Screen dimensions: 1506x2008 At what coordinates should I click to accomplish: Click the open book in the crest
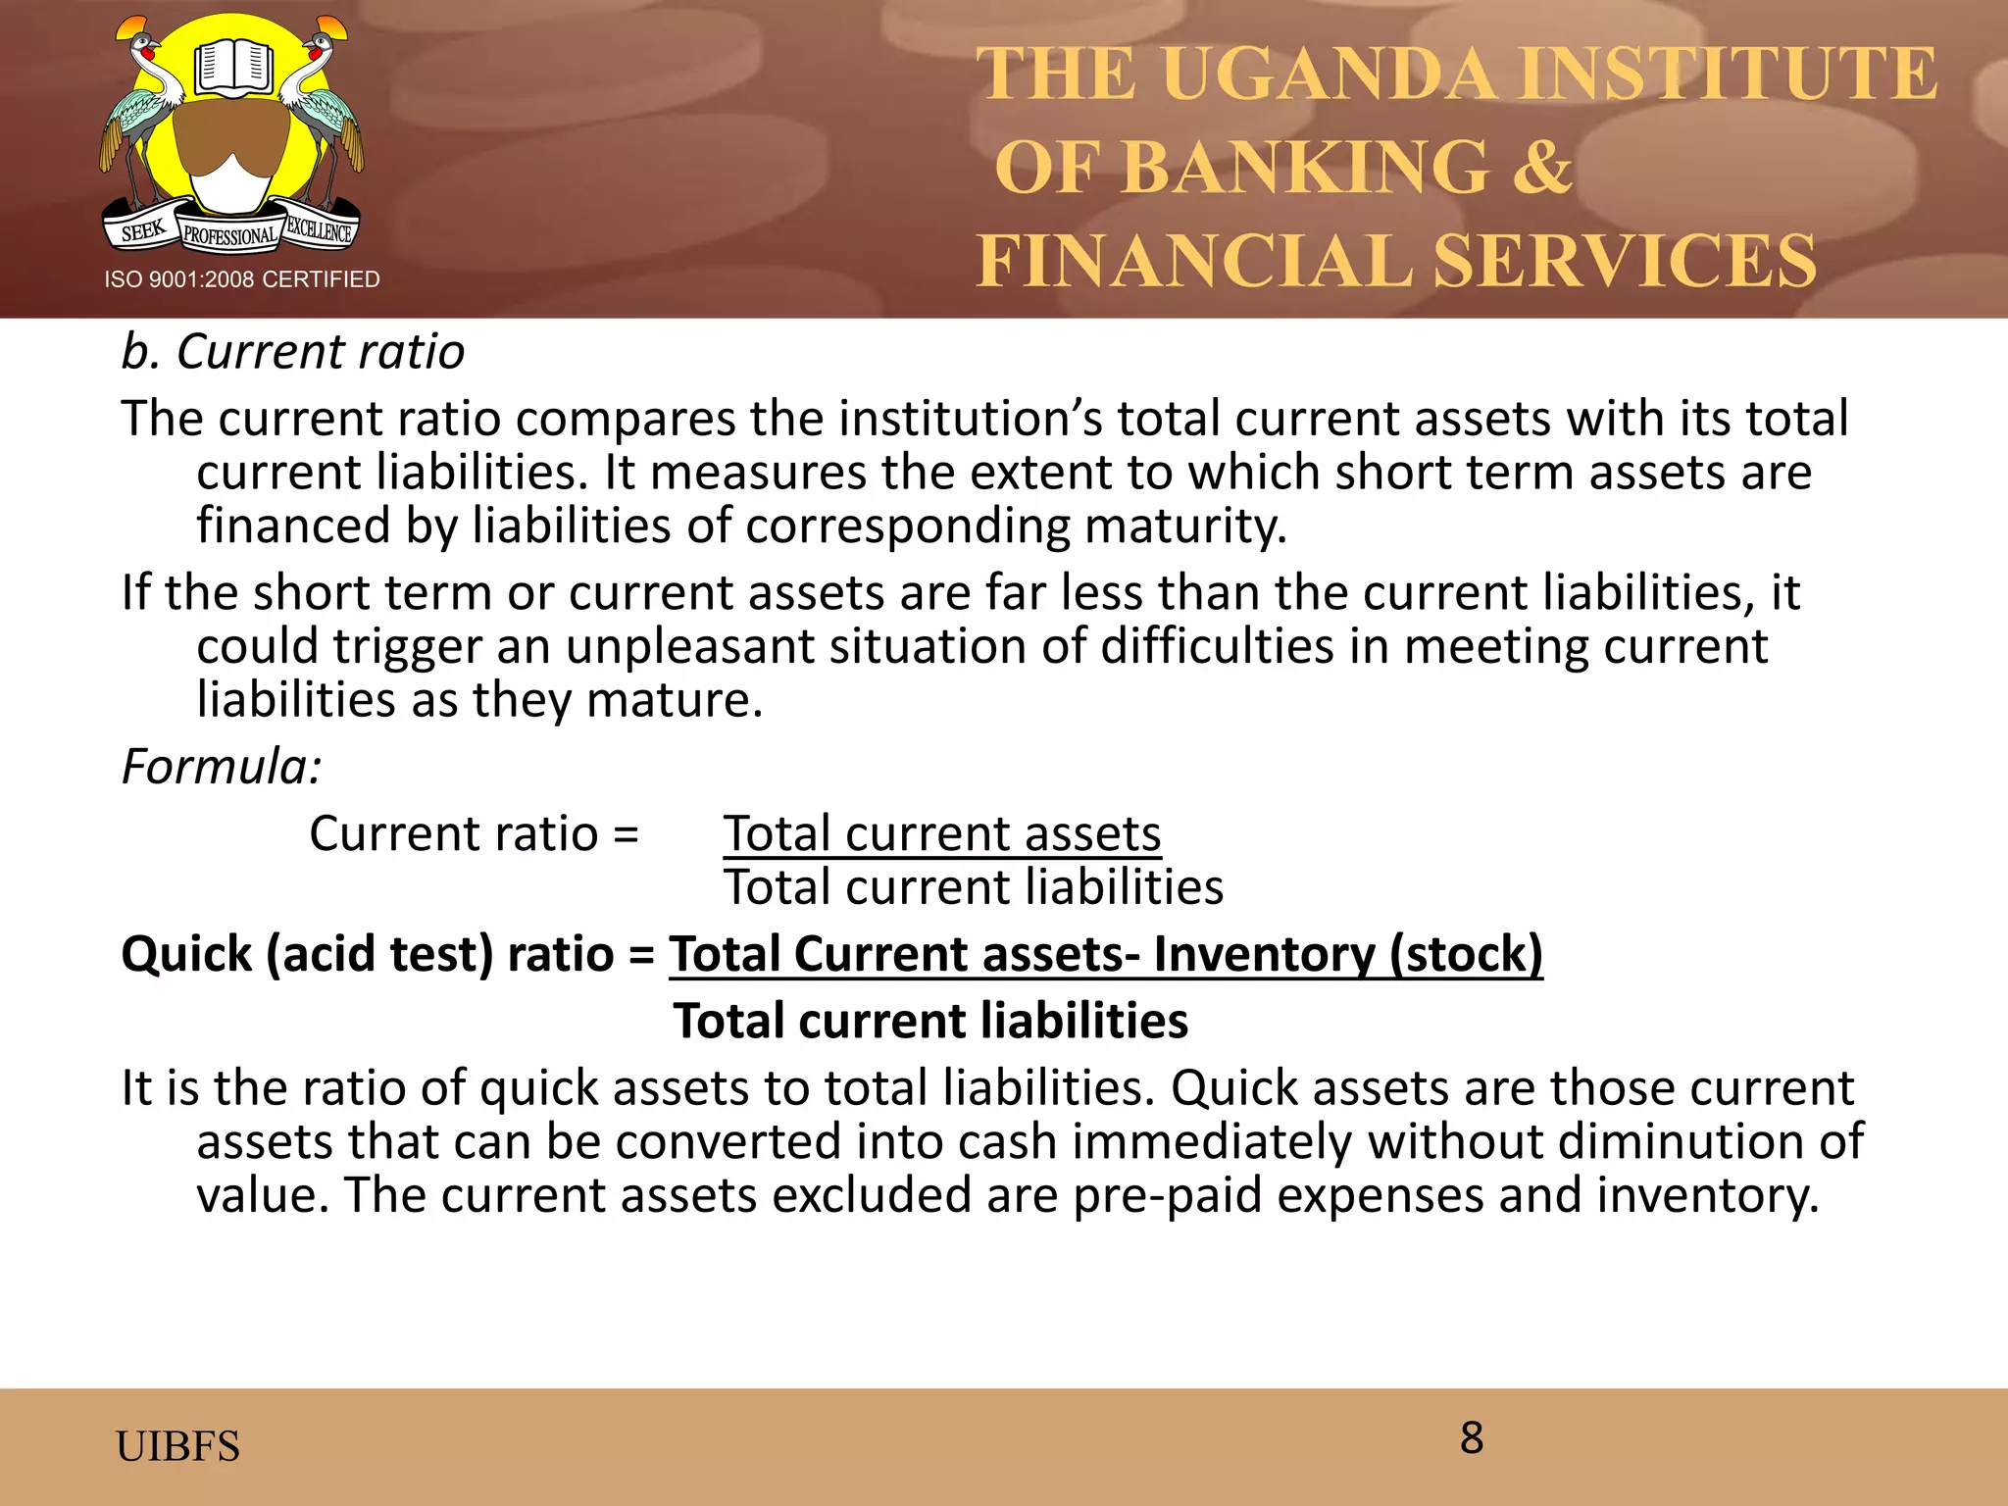click(232, 69)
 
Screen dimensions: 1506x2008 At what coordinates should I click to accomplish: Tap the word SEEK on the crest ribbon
click(143, 231)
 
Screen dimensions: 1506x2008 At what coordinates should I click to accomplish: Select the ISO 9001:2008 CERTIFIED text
click(242, 279)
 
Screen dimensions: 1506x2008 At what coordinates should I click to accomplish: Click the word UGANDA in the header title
click(1330, 75)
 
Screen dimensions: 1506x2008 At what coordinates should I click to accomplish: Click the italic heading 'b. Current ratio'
click(292, 351)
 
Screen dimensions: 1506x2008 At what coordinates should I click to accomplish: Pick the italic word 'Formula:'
click(221, 766)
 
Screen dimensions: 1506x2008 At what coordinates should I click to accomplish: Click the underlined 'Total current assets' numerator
click(942, 834)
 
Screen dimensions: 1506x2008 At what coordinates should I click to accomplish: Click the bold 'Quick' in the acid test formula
click(186, 954)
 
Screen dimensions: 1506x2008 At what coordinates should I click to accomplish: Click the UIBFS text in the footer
click(177, 1446)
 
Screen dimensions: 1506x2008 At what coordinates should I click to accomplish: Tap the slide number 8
click(1471, 1437)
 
